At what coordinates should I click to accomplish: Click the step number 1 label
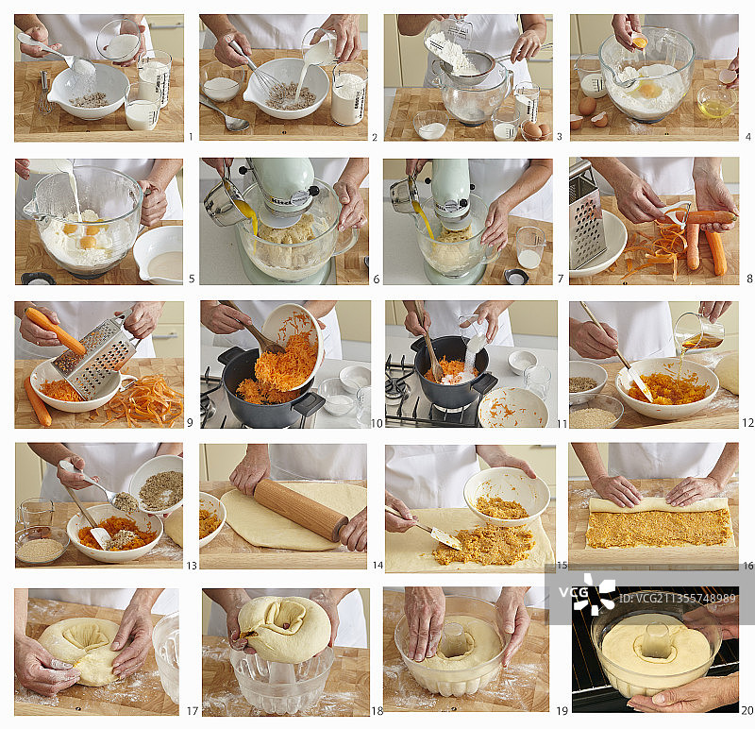pyautogui.click(x=191, y=137)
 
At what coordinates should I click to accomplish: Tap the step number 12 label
pyautogui.click(x=747, y=423)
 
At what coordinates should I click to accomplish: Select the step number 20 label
pyautogui.click(x=747, y=710)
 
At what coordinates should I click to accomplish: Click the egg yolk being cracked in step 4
pyautogui.click(x=640, y=42)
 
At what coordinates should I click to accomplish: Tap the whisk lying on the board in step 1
pyautogui.click(x=45, y=93)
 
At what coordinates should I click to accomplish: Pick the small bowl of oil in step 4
pyautogui.click(x=715, y=103)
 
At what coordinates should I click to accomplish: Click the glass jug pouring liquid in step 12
pyautogui.click(x=697, y=331)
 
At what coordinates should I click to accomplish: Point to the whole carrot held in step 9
pyautogui.click(x=56, y=331)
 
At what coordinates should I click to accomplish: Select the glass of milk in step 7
pyautogui.click(x=530, y=248)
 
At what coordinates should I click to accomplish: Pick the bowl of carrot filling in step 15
pyautogui.click(x=506, y=496)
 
